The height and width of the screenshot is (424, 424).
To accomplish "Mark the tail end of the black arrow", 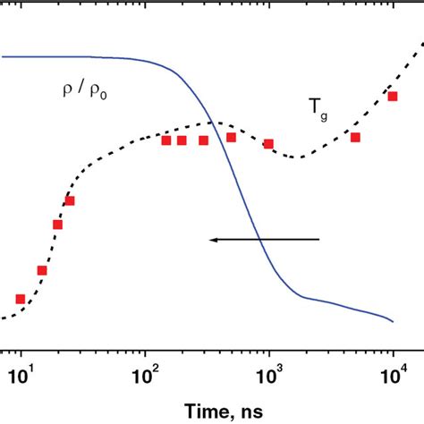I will [x=319, y=239].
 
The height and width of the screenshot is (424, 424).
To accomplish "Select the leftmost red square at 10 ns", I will [x=21, y=299].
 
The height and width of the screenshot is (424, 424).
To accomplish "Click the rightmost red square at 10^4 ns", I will [x=393, y=96].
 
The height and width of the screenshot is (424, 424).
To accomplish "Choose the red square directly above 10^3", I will [x=268, y=144].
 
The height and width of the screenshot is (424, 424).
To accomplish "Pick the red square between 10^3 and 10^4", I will [x=355, y=137].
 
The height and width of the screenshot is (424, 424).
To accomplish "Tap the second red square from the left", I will [x=41, y=270].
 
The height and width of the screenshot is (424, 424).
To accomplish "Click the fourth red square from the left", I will [x=69, y=201].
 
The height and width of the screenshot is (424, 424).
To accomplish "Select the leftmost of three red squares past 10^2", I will [x=165, y=140].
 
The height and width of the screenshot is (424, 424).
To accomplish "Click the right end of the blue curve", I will [x=394, y=322].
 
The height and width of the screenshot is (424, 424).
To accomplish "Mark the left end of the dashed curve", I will [x=2, y=318].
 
